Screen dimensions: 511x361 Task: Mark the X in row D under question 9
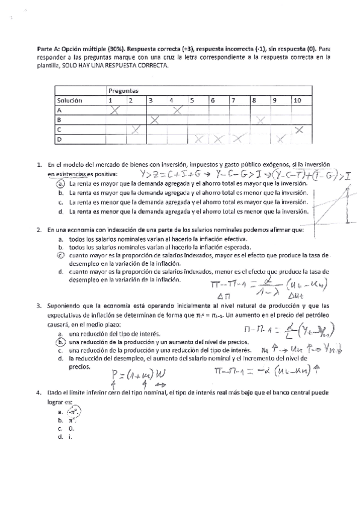click(280, 139)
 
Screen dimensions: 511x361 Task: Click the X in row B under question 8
click(260, 120)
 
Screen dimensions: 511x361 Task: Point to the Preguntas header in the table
click(124, 90)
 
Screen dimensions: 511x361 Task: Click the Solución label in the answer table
click(69, 100)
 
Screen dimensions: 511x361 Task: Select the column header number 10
click(297, 100)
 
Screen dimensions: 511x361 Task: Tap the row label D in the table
click(59, 139)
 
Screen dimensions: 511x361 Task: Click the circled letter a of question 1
click(61, 183)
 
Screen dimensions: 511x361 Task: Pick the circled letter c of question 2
click(61, 255)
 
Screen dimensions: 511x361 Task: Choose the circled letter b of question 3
click(61, 341)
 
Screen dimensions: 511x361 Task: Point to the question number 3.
click(39, 305)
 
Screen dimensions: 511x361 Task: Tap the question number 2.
click(39, 230)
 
